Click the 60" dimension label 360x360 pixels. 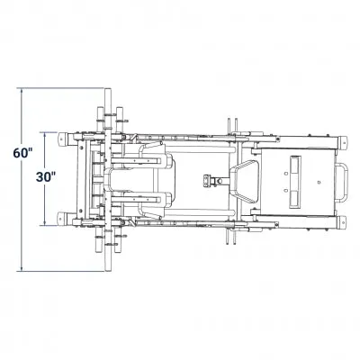[x=22, y=153]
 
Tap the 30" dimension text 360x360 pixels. [x=46, y=177]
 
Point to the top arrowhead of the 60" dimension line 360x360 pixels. [x=22, y=91]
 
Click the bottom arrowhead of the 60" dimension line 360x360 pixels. [x=22, y=269]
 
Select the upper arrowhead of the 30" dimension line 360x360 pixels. [x=45, y=135]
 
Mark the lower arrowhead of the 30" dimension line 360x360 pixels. [x=45, y=222]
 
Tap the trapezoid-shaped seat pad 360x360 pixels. [x=246, y=181]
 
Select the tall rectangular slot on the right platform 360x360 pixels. [x=294, y=182]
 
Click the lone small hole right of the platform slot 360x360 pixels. [x=319, y=182]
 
